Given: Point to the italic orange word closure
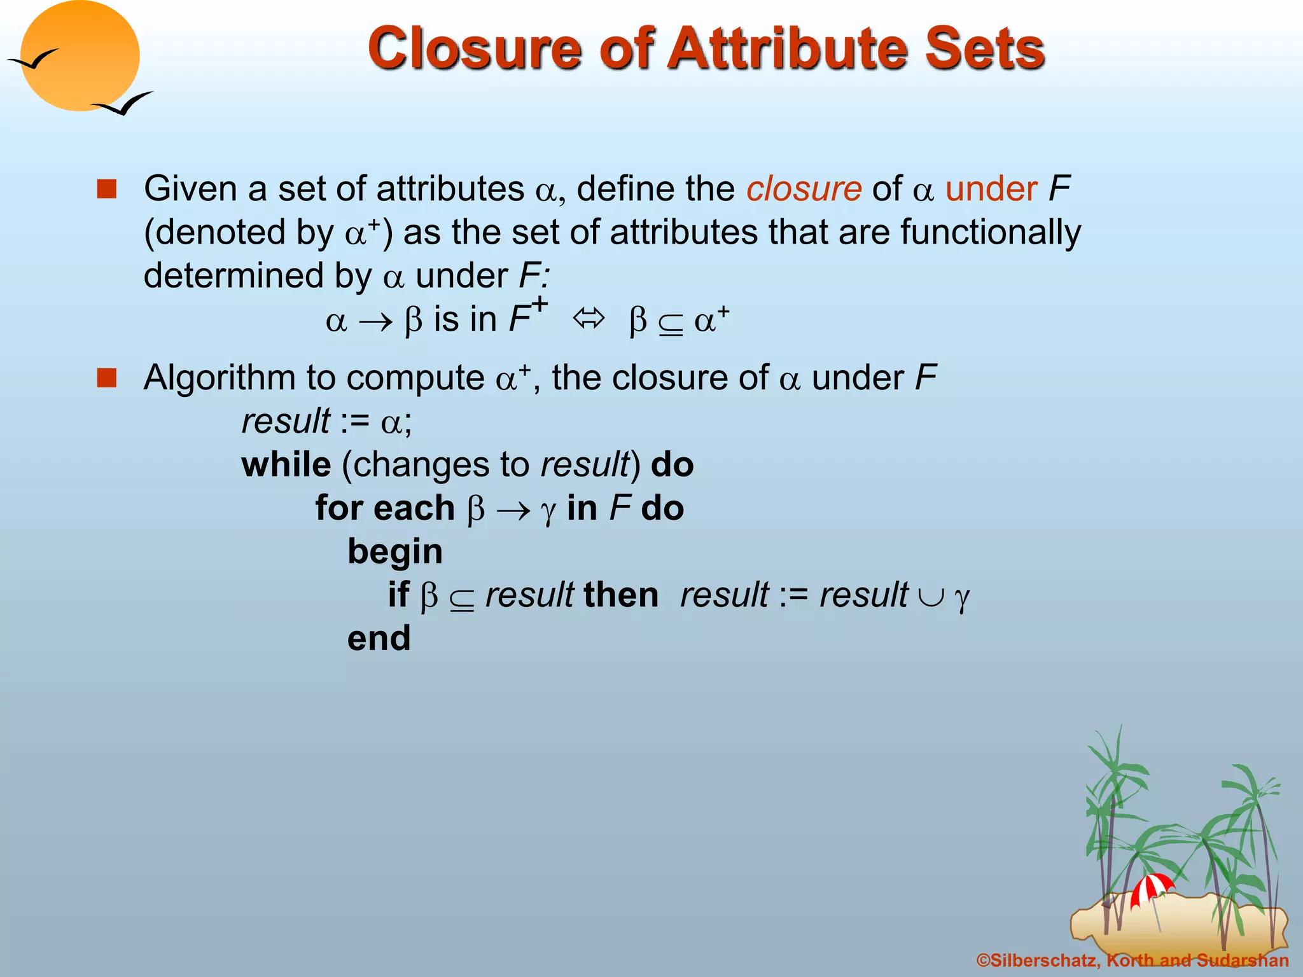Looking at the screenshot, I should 804,189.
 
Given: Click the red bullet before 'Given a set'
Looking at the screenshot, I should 107,189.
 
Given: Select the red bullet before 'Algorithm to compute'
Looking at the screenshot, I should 107,378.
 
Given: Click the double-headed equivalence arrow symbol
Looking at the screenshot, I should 589,318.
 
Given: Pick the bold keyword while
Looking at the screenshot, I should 286,465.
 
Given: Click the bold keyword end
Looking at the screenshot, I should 379,639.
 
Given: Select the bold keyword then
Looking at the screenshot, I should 621,595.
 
